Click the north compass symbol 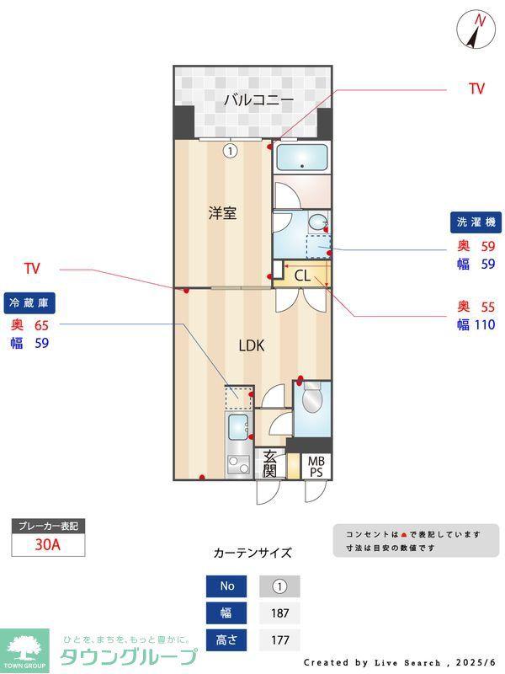[x=476, y=29]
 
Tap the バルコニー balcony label [x=259, y=100]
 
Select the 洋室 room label [x=222, y=213]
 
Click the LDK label [x=252, y=345]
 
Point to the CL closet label [x=302, y=275]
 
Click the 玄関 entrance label [x=269, y=464]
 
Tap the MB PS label [x=316, y=467]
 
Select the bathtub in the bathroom [x=302, y=158]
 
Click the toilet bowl [x=312, y=399]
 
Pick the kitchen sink [x=237, y=427]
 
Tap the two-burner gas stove [x=238, y=465]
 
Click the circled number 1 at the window [x=231, y=152]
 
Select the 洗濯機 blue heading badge [x=476, y=222]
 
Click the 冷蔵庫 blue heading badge [x=29, y=303]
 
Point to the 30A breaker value [x=48, y=544]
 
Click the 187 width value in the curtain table [x=280, y=613]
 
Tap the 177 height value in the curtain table [x=280, y=640]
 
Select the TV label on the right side [x=477, y=88]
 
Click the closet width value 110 [x=485, y=324]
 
